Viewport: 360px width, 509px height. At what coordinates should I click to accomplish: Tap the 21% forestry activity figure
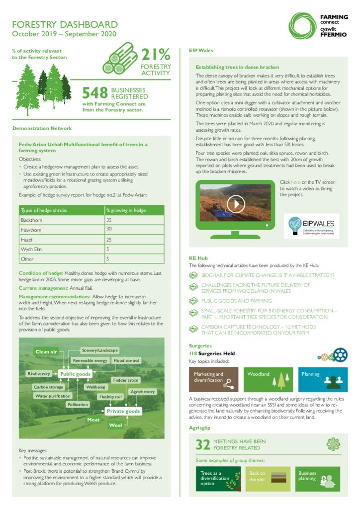[156, 55]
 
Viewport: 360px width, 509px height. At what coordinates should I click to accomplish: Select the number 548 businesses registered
[95, 93]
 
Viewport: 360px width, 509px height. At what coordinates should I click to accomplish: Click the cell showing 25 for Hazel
[109, 240]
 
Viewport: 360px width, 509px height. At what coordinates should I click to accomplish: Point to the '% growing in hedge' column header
[126, 210]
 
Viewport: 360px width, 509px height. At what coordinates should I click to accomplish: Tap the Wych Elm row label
[30, 249]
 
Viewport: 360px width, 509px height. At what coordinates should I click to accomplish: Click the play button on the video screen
[236, 203]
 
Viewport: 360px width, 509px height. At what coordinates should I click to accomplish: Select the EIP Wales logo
[311, 226]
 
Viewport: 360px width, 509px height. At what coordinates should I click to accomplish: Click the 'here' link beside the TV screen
[295, 182]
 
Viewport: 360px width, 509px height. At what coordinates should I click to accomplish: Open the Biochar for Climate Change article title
[268, 275]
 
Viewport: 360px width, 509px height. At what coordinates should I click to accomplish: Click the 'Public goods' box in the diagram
[75, 374]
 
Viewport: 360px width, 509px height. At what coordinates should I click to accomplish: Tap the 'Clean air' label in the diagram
[46, 352]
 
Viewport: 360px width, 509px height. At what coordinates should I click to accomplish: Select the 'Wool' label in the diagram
[115, 425]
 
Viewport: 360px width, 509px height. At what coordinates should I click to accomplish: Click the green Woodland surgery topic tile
[269, 380]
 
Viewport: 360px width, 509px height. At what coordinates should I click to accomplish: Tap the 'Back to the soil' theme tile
[269, 479]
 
